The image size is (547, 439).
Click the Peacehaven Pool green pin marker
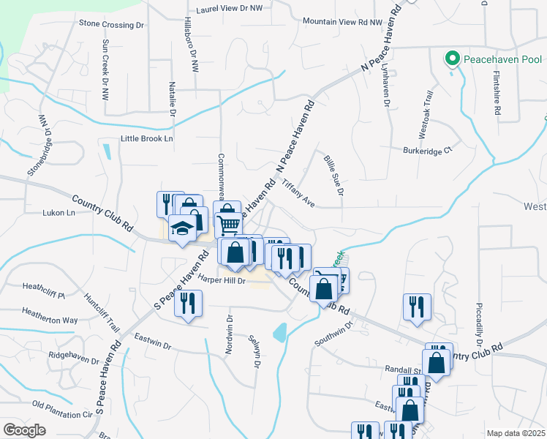point(453,58)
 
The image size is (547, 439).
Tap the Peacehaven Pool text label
point(497,58)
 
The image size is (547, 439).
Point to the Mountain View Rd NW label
point(342,22)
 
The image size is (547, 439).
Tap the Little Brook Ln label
point(146,138)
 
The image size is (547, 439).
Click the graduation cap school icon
point(182,229)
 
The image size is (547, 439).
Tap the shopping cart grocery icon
point(228,222)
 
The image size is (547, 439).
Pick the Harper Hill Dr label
point(220,280)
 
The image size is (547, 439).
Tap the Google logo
point(24,430)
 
